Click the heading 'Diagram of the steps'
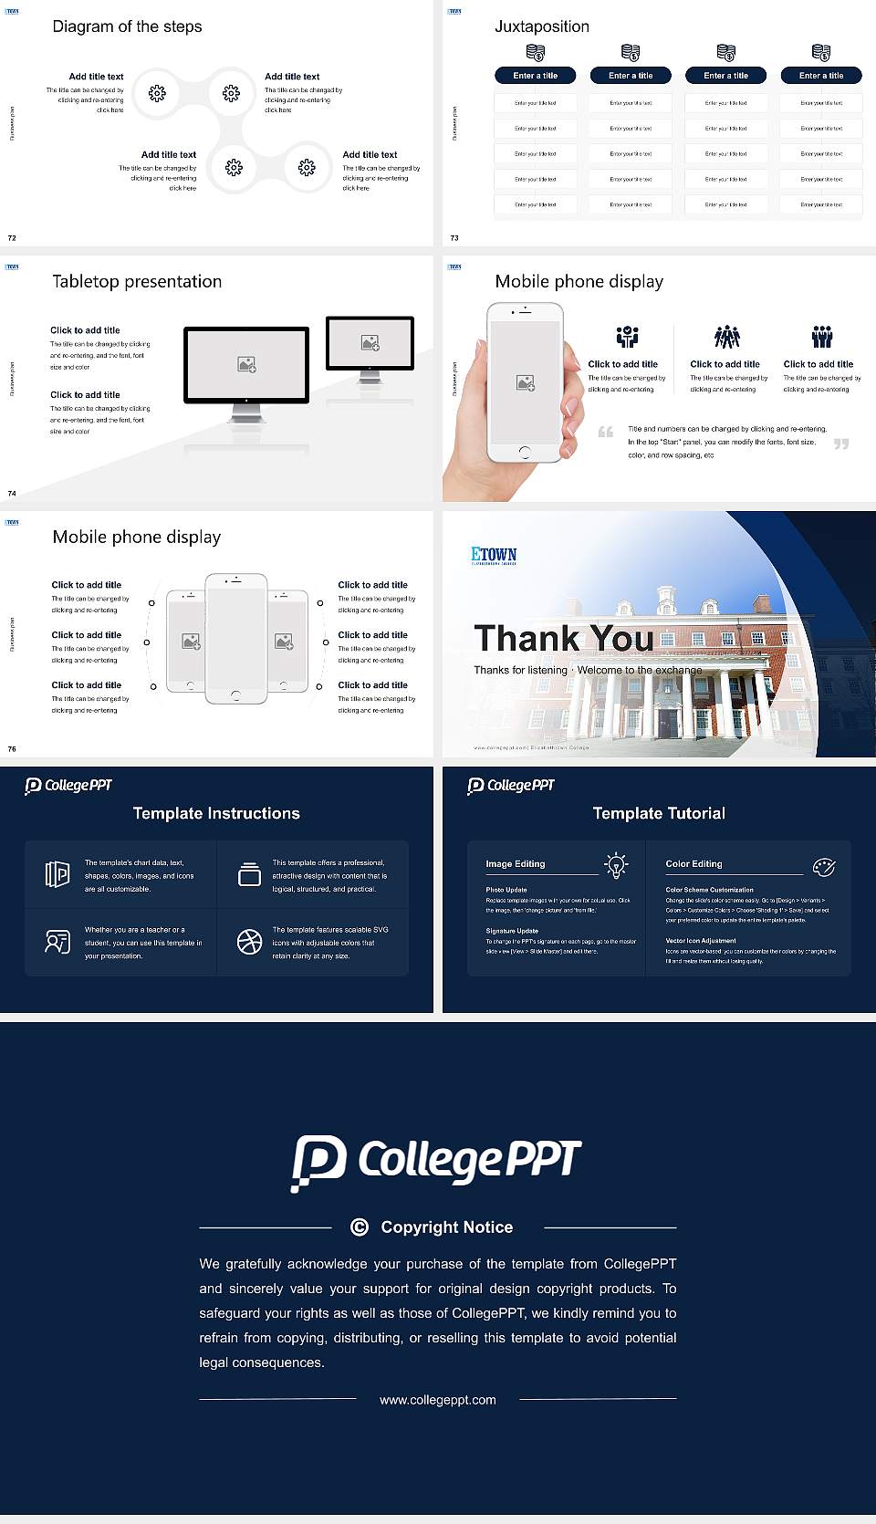(x=127, y=26)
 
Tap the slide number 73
(x=454, y=238)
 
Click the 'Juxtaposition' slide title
(x=541, y=26)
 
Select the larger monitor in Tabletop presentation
(x=246, y=365)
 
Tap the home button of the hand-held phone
(x=524, y=453)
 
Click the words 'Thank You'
(x=563, y=639)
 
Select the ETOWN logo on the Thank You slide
(x=494, y=555)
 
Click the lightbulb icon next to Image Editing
(x=616, y=864)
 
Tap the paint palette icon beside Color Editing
(x=823, y=866)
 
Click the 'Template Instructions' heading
(x=216, y=813)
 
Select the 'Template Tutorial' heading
(x=659, y=813)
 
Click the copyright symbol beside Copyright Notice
(x=360, y=1227)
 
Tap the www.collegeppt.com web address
(x=438, y=1400)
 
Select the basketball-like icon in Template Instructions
(x=249, y=942)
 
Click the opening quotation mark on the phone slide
(x=605, y=432)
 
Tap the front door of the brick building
(x=669, y=723)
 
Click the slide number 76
(x=12, y=749)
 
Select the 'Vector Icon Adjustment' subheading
(x=701, y=940)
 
